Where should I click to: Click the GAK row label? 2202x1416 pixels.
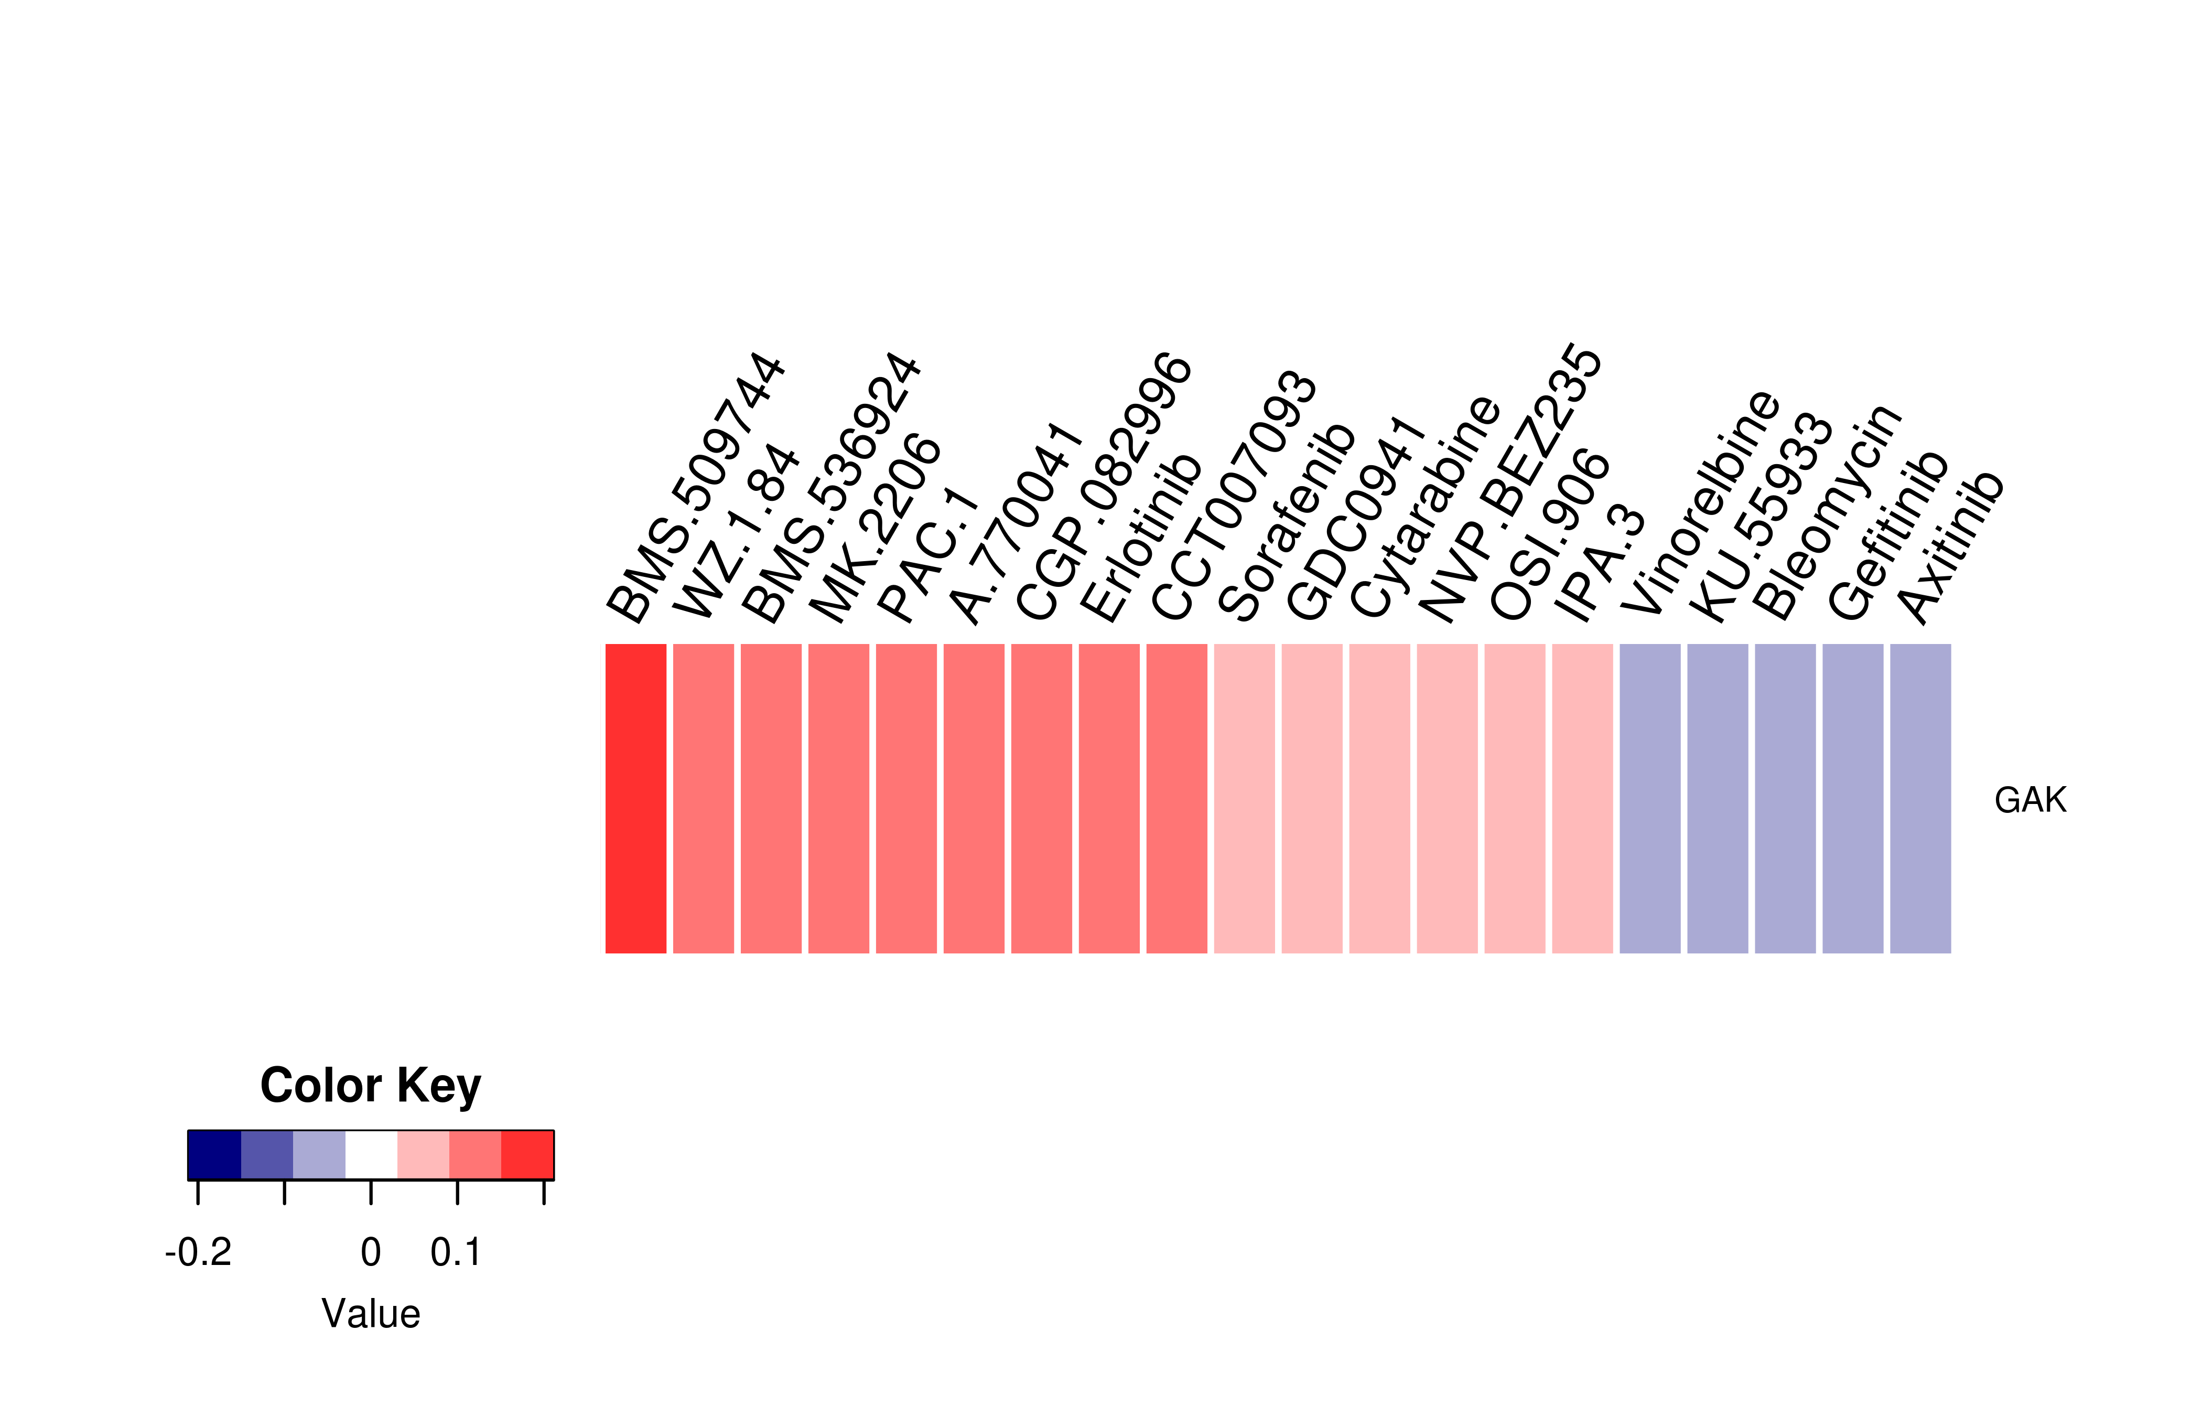click(2030, 800)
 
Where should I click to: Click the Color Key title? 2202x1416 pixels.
click(370, 1086)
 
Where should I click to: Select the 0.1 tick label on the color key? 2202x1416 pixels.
click(456, 1252)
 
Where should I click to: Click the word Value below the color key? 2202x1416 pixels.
click(370, 1314)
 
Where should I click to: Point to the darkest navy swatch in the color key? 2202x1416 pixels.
click(214, 1155)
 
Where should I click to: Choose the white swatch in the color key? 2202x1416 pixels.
click(371, 1155)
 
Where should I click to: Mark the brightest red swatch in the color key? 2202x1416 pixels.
click(527, 1155)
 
